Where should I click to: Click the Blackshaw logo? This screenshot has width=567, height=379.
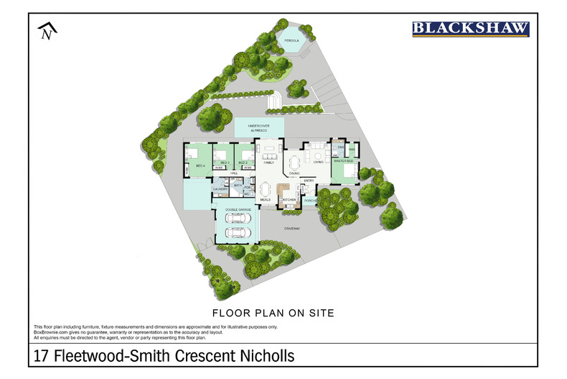[x=470, y=29]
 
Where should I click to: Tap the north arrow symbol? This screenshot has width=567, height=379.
[x=47, y=31]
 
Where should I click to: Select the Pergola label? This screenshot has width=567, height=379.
[x=291, y=42]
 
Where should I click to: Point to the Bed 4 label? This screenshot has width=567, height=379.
[x=200, y=165]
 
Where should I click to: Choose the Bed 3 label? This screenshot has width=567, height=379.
[x=224, y=163]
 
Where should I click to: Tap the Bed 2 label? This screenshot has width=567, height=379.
[x=244, y=163]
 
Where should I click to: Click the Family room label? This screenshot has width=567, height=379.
[x=269, y=163]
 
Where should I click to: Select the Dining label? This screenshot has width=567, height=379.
[x=294, y=173]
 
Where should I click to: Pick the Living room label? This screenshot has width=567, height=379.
[x=318, y=163]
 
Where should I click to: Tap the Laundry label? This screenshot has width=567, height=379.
[x=220, y=189]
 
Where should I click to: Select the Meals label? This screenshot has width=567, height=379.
[x=265, y=199]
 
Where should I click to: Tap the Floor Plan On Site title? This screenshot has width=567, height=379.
[x=274, y=314]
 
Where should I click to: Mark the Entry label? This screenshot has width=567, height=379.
[x=309, y=181]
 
